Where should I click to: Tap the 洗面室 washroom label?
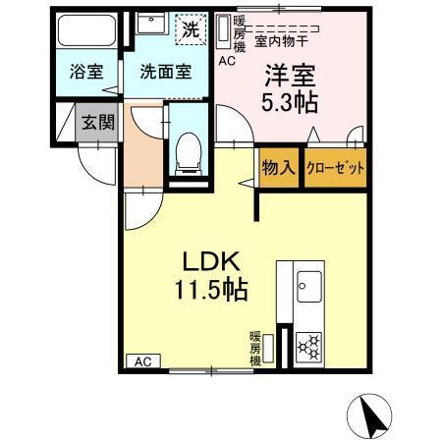click(164, 72)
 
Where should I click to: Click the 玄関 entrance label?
click(96, 123)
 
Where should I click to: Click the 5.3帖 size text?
click(289, 100)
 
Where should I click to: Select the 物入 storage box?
click(278, 168)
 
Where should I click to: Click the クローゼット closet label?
click(335, 168)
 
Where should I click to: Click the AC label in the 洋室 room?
click(227, 61)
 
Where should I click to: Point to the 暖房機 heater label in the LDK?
click(255, 347)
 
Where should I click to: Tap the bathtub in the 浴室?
click(86, 32)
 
